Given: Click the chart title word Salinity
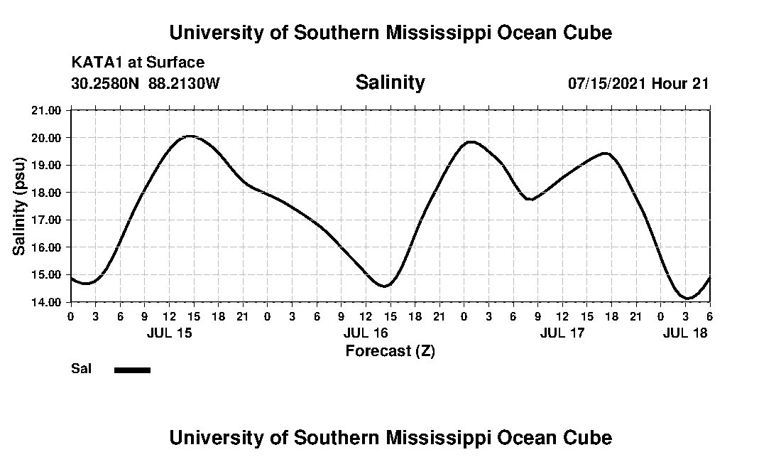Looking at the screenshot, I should pos(390,82).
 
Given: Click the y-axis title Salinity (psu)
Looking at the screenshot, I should pos(19,206).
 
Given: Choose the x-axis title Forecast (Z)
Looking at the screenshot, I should pos(390,350).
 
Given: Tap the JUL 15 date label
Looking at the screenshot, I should pos(169,333).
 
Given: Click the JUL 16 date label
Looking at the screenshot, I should pos(366,333).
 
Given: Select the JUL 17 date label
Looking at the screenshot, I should pos(562,333).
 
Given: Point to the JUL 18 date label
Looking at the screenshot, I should pos(685,333).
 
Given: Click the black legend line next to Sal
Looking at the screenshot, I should pos(132,370).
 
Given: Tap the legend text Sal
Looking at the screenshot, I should pos(80,369).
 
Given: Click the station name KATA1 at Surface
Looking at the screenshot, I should pos(138,63).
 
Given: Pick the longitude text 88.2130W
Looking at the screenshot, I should pos(184,83).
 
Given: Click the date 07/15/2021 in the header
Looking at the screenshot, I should pos(607,83).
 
